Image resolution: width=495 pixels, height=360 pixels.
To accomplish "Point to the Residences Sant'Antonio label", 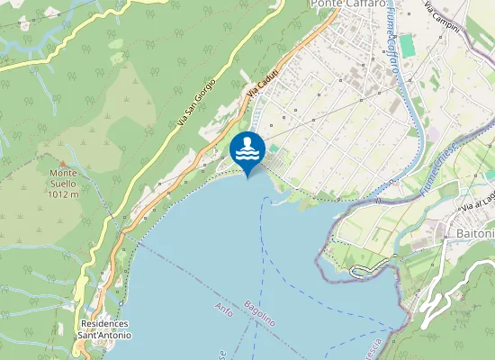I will click(104, 329).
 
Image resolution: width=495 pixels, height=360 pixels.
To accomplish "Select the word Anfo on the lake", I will click(225, 311).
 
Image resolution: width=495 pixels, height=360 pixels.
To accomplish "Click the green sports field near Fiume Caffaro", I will click(408, 44).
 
